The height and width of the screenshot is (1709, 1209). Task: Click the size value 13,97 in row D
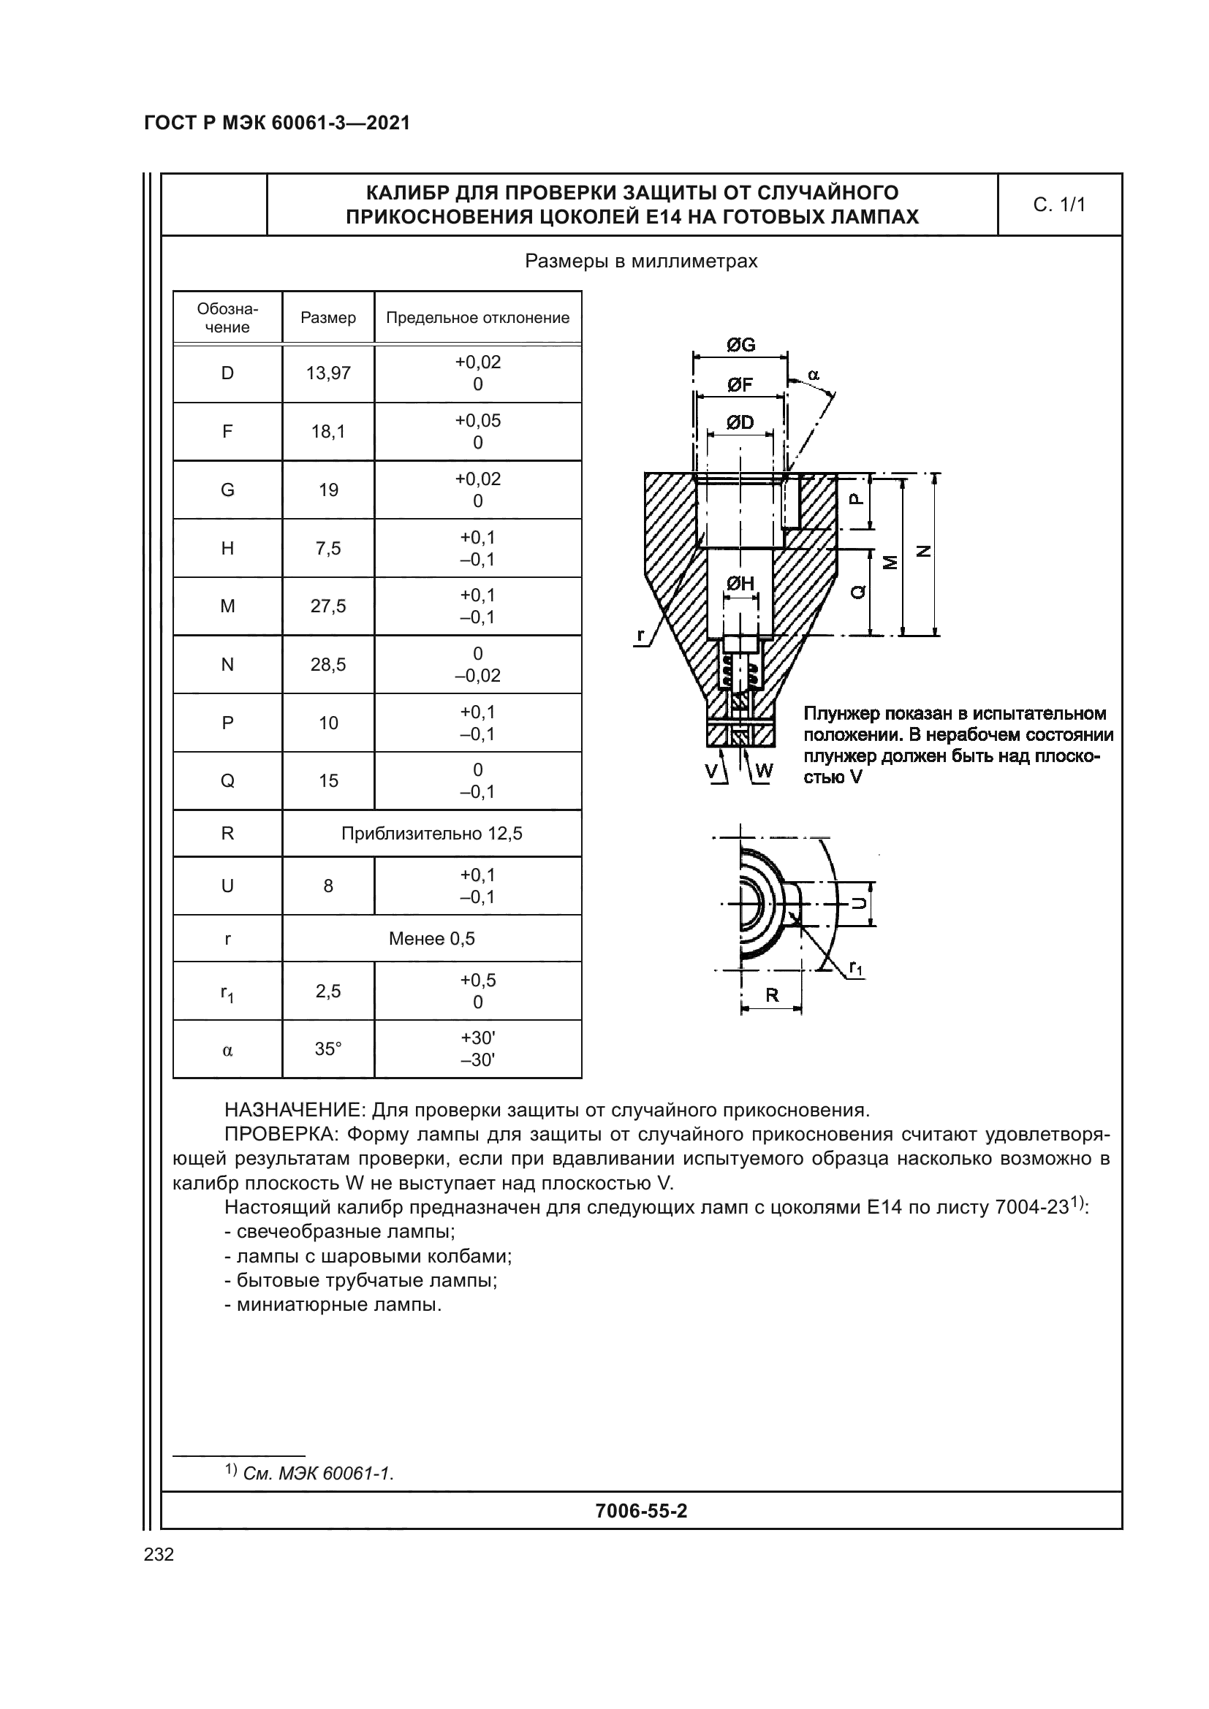pos(328,373)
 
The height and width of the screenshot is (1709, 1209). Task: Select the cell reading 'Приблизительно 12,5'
pos(432,833)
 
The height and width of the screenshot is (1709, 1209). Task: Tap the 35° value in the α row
pos(328,1048)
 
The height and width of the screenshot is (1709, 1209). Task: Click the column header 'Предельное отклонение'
pos(477,318)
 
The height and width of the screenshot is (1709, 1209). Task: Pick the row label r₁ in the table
pos(227,992)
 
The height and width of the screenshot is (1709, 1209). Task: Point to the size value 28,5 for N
pos(328,665)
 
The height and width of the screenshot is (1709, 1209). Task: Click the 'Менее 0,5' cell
pos(432,939)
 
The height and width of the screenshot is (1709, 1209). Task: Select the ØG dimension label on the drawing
pos(740,345)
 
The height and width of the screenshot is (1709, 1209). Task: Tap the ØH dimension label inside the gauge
pos(740,585)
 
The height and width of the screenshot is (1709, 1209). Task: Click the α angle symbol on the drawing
pos(813,375)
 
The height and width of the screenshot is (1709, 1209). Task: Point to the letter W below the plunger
pos(765,770)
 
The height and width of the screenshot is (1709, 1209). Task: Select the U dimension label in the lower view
pos(859,903)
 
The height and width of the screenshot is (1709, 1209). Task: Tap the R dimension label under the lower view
pos(772,995)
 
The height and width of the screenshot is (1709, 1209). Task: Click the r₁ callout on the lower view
pos(856,968)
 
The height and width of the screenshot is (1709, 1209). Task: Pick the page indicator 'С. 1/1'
pos(1059,205)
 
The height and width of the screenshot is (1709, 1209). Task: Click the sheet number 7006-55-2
pos(641,1510)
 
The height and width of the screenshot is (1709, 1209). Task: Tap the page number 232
pos(159,1554)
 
